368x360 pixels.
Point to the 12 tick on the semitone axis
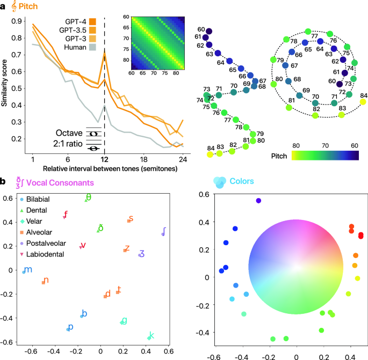pos(104,160)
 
